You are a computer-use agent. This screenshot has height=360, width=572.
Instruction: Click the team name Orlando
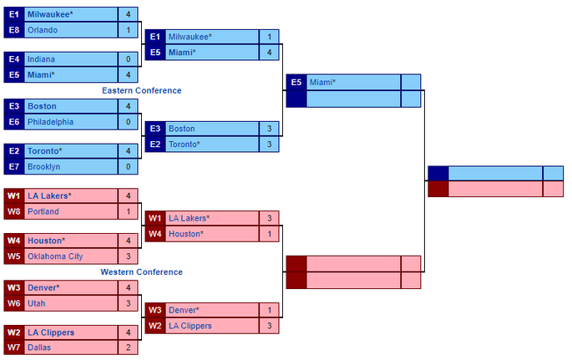pyautogui.click(x=43, y=30)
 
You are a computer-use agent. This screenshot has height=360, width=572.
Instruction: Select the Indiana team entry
pyautogui.click(x=41, y=59)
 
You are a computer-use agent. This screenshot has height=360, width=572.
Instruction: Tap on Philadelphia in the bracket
pyautogui.click(x=50, y=122)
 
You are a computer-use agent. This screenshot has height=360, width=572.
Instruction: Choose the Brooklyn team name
pyautogui.click(x=43, y=167)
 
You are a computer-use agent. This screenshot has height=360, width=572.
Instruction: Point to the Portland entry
pyautogui.click(x=43, y=211)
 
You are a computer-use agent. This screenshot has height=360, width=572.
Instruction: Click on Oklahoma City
pyautogui.click(x=55, y=256)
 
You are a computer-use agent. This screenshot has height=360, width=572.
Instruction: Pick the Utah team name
pyautogui.click(x=37, y=303)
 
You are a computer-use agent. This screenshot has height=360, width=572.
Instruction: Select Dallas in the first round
pyautogui.click(x=39, y=347)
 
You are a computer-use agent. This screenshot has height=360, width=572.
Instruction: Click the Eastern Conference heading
pyautogui.click(x=142, y=90)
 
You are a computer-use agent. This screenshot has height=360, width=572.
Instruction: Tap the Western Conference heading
pyautogui.click(x=142, y=272)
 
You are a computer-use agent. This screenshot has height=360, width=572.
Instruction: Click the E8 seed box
pyautogui.click(x=14, y=30)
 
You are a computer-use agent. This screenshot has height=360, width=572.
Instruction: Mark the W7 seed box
pyautogui.click(x=14, y=347)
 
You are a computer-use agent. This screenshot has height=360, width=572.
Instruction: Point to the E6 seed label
pyautogui.click(x=14, y=122)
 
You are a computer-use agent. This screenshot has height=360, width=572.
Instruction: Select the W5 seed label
pyautogui.click(x=14, y=256)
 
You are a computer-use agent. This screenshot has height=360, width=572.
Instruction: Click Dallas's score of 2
pyautogui.click(x=128, y=347)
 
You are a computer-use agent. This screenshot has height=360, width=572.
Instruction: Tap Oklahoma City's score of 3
pyautogui.click(x=128, y=256)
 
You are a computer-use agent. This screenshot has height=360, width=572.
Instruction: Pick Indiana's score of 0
pyautogui.click(x=128, y=59)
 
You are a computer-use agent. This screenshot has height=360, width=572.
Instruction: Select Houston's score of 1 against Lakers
pyautogui.click(x=269, y=234)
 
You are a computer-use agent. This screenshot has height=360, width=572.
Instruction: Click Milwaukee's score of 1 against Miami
pyautogui.click(x=269, y=37)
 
